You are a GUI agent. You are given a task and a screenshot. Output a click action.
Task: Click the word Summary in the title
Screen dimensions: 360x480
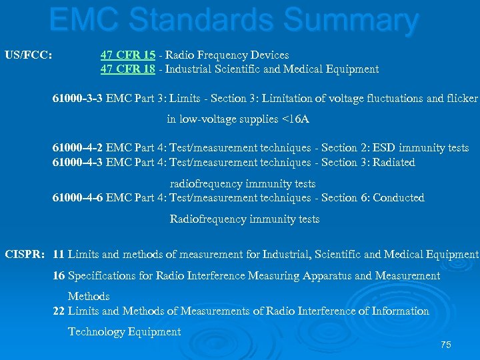(x=351, y=20)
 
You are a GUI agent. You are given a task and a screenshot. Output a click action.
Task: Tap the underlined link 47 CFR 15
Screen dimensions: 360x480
(x=128, y=55)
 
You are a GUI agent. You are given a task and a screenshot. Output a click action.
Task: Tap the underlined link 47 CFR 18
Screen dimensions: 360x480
(x=128, y=69)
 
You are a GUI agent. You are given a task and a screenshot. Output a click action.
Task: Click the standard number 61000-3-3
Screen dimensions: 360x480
(x=77, y=99)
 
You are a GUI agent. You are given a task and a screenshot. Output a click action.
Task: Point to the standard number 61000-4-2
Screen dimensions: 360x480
(x=77, y=148)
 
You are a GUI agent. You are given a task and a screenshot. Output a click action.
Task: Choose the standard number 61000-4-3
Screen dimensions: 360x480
(x=77, y=162)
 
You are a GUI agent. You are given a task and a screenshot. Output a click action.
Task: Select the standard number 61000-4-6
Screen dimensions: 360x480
(x=77, y=197)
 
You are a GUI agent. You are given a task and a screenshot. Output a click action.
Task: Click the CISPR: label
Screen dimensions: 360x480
(x=25, y=254)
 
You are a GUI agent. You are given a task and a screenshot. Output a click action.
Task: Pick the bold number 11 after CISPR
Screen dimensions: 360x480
(x=59, y=254)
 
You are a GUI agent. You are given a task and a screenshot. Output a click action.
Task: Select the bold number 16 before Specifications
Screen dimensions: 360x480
(x=59, y=275)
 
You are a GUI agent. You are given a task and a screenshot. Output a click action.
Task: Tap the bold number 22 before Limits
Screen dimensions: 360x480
(x=59, y=311)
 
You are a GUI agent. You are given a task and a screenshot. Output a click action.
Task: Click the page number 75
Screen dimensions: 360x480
(x=446, y=345)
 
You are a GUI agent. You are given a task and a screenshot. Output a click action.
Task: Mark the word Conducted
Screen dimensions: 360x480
(x=398, y=197)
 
